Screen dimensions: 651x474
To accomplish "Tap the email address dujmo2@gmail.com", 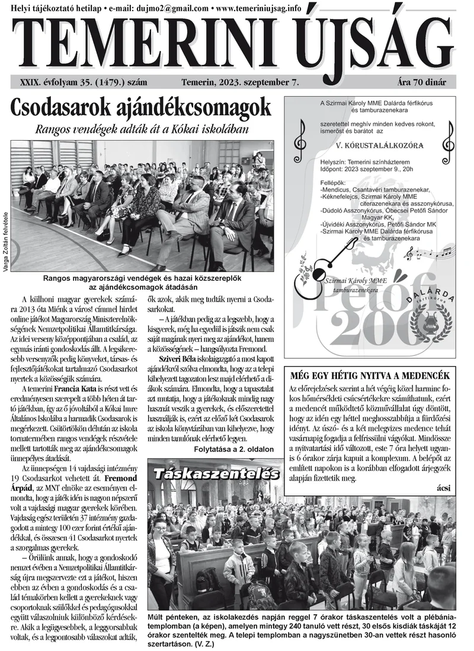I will pyautogui.click(x=174, y=8).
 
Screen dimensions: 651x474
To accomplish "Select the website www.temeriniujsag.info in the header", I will pyautogui.click(x=258, y=8).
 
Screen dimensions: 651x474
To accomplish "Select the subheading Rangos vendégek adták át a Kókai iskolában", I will pyautogui.click(x=141, y=128).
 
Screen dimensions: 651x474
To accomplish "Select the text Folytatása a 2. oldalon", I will pyautogui.click(x=234, y=449).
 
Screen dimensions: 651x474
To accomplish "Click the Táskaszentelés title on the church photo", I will pyautogui.click(x=216, y=474).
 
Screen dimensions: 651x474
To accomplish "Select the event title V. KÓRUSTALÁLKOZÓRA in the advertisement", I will pyautogui.click(x=370, y=145).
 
